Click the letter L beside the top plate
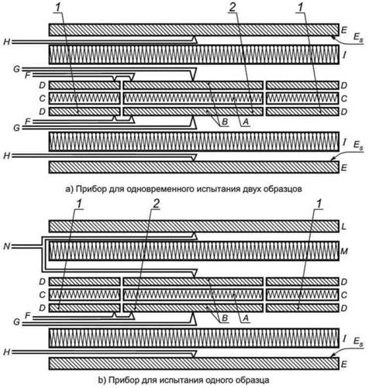343,227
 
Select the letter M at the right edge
344,251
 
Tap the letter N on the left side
6,247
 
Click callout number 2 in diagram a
233,8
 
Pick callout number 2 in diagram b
156,204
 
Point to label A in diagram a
246,122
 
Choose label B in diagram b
225,318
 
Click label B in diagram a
225,122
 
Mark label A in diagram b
246,318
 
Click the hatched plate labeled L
194,226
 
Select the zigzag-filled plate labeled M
194,251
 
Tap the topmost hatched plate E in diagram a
194,29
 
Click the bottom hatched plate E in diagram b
194,364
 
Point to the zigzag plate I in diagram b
194,338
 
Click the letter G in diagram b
16,322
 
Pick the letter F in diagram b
27,315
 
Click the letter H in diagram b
6,352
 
